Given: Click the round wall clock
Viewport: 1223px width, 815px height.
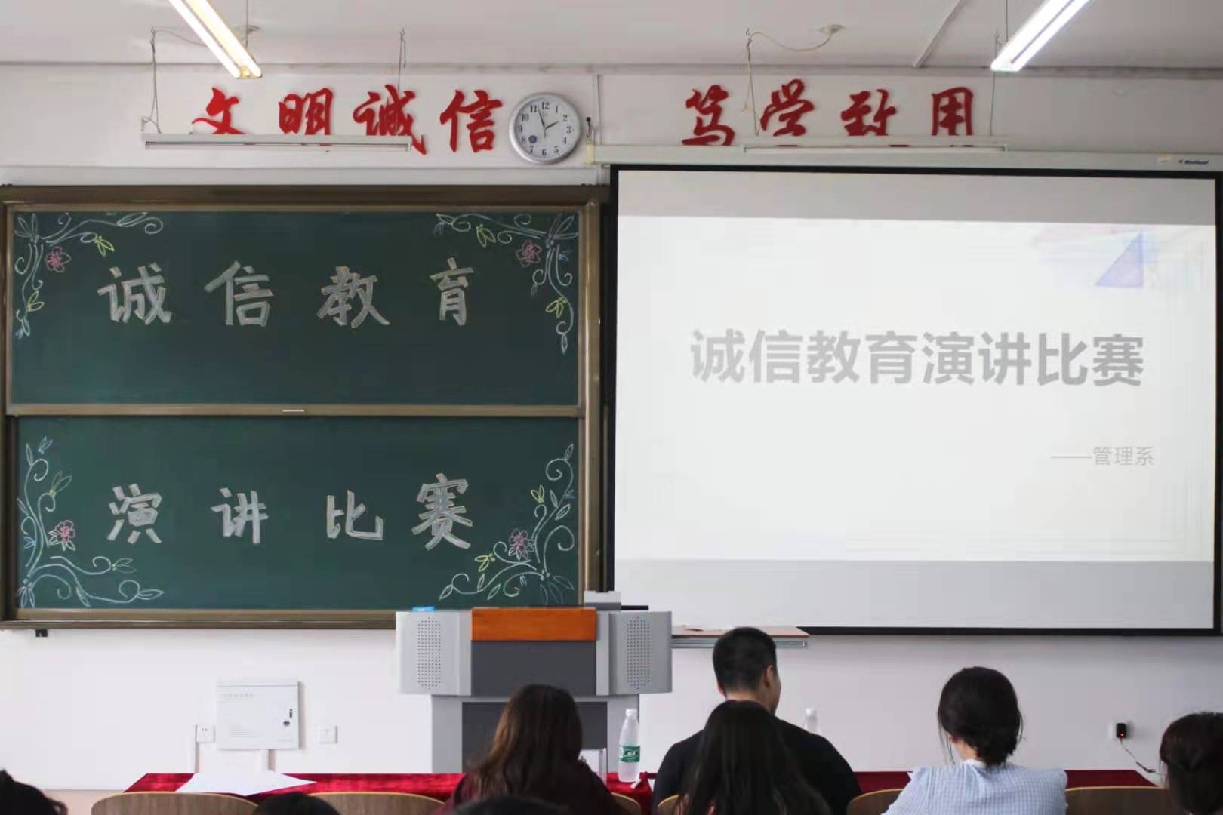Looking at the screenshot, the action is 545,128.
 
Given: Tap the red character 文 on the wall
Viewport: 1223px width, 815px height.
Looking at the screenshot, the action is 218,111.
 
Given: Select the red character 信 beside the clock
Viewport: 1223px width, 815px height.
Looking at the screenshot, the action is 470,120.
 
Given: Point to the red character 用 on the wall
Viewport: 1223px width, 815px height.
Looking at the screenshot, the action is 952,112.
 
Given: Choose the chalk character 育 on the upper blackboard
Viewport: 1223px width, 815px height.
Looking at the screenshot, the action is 451,297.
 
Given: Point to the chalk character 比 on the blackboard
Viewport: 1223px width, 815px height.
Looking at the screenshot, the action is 354,516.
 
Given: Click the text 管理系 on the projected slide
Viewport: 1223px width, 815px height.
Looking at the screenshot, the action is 1123,457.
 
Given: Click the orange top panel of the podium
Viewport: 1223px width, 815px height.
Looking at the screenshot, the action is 534,625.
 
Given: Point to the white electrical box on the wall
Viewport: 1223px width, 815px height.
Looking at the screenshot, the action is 257,715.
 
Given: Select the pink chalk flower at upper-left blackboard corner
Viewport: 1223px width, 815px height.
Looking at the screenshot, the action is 57,259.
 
